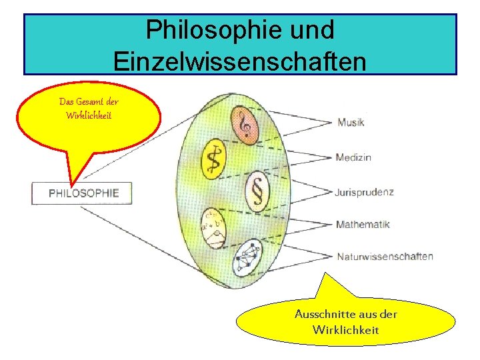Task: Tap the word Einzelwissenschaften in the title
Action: [x=240, y=61]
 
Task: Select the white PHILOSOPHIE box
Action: [x=82, y=193]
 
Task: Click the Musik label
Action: [x=351, y=123]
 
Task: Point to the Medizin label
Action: [x=353, y=157]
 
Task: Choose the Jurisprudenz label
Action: [x=365, y=192]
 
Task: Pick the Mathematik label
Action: [x=363, y=224]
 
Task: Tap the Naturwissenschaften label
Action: [x=385, y=256]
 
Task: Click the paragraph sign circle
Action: [x=256, y=192]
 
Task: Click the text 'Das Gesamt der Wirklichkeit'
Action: [x=89, y=109]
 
